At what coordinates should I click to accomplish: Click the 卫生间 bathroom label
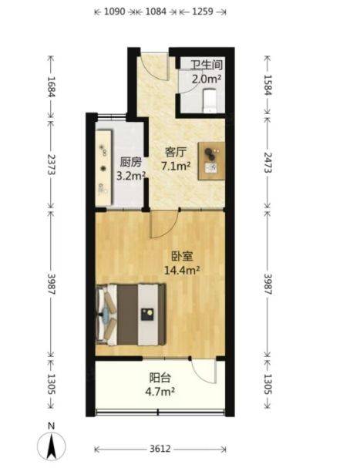tap(207, 65)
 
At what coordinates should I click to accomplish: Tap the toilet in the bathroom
tap(210, 100)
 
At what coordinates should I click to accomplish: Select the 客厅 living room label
tap(176, 152)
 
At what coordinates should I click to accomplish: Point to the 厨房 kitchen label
tap(130, 162)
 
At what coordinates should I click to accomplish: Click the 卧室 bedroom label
tap(182, 256)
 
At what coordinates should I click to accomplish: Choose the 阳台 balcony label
tap(160, 378)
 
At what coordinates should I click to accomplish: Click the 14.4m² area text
tap(182, 271)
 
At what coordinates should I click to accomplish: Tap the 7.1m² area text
tap(176, 167)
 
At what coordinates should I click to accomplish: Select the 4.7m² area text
tap(160, 392)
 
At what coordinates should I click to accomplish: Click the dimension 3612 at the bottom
tap(160, 449)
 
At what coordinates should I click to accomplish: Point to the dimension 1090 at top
tap(115, 12)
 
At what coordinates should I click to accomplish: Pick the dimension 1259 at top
tap(203, 12)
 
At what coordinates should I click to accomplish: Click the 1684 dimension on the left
tap(51, 87)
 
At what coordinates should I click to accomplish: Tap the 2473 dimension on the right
tap(267, 163)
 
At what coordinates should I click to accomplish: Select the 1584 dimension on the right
tap(267, 85)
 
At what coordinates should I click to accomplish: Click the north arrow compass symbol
tap(52, 443)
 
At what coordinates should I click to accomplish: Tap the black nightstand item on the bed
tap(147, 315)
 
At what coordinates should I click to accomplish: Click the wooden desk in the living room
tap(211, 161)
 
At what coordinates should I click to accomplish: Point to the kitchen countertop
tap(104, 167)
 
